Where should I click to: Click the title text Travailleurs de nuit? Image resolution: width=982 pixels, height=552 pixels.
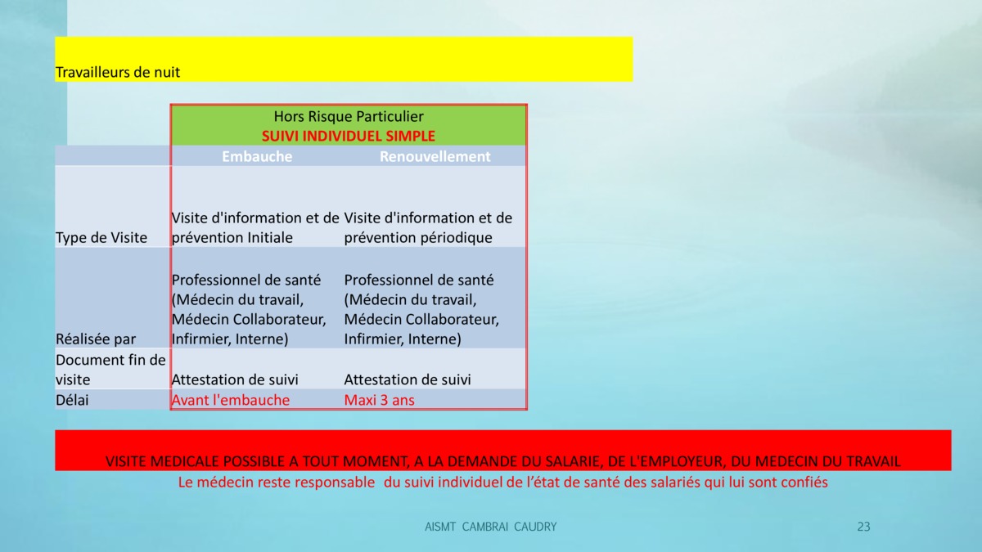click(118, 72)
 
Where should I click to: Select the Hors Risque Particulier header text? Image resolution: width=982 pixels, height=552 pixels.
click(349, 116)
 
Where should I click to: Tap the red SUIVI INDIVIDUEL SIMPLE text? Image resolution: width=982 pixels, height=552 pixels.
click(349, 136)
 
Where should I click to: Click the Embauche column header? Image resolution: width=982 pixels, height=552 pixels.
click(257, 156)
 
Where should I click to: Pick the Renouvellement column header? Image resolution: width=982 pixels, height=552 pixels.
click(435, 156)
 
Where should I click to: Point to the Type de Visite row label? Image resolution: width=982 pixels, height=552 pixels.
click(101, 237)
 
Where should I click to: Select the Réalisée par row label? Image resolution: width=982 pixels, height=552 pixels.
click(96, 339)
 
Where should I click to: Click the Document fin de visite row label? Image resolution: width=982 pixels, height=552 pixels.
click(110, 370)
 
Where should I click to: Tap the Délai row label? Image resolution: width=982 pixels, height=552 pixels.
click(72, 400)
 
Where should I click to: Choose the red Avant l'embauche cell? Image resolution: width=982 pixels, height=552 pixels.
click(231, 400)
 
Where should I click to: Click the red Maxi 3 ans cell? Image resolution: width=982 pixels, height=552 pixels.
click(379, 400)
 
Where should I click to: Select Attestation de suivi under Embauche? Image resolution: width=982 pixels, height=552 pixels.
click(235, 379)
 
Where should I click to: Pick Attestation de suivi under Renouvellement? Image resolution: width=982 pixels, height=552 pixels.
click(408, 379)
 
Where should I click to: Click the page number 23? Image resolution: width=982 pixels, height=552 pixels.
click(863, 527)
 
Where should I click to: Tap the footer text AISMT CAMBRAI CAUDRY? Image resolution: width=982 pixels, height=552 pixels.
click(490, 527)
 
